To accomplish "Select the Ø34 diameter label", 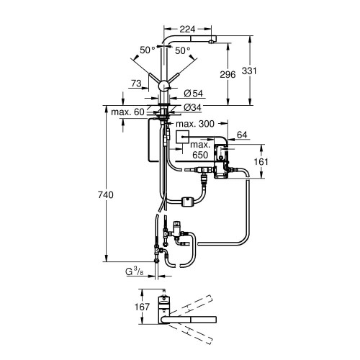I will pos(191,107).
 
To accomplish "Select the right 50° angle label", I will pos(183,50).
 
